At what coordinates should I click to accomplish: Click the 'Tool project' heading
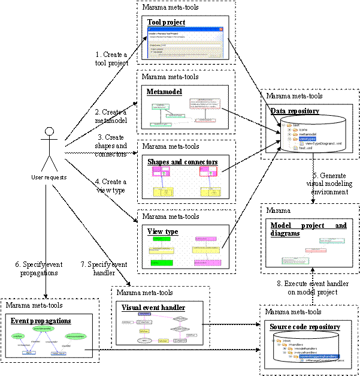pyautogui.click(x=166, y=22)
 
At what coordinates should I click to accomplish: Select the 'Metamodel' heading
pyautogui.click(x=164, y=92)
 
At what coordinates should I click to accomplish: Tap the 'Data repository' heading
pyautogui.click(x=295, y=111)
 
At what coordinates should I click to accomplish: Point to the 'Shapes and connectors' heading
pyautogui.click(x=182, y=162)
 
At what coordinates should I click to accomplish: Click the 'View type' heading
pyautogui.click(x=162, y=231)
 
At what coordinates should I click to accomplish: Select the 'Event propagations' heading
pyautogui.click(x=41, y=321)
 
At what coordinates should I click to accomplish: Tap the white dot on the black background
pyautogui.click(x=50, y=131)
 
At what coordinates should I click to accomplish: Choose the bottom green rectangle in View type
pyautogui.click(x=161, y=263)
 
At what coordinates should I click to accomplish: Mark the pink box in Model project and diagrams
pyautogui.click(x=314, y=249)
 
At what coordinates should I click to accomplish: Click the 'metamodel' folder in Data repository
pyautogui.click(x=307, y=133)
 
